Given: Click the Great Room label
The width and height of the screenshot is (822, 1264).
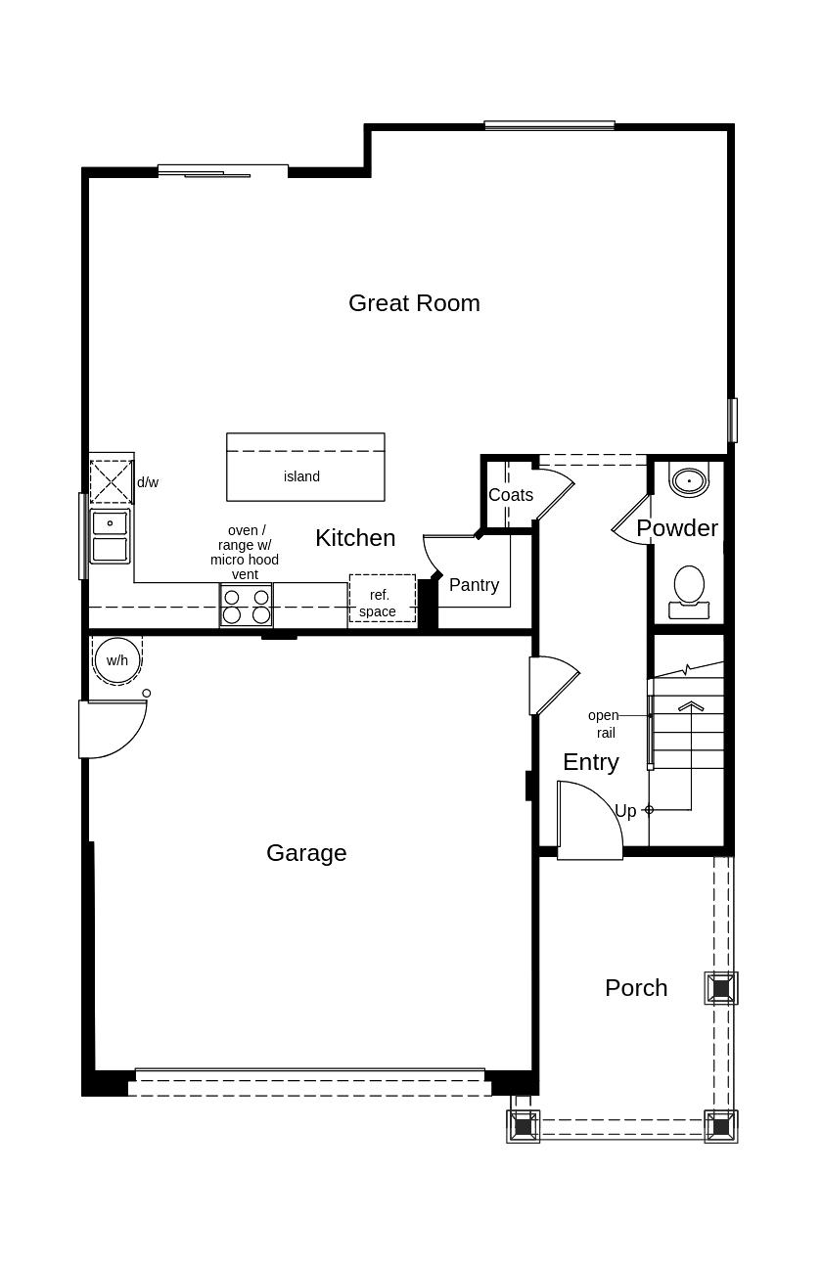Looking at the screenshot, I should [x=414, y=303].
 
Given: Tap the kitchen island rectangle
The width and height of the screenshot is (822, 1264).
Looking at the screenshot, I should [x=305, y=468].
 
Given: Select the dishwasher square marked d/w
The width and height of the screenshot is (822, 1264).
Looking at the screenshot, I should [x=111, y=482].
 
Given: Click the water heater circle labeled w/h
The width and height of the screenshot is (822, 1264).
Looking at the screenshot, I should [x=117, y=660].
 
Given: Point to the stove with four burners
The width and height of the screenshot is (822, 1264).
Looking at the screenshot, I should [x=247, y=606].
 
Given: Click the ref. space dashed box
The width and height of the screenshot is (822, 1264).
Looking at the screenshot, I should [x=382, y=599].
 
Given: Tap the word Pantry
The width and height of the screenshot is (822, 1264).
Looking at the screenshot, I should [x=474, y=585].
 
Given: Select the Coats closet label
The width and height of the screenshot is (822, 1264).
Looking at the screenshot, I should [x=510, y=495].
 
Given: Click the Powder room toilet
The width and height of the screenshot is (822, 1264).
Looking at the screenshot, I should [x=689, y=589].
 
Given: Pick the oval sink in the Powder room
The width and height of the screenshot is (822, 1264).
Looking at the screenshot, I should [x=689, y=481].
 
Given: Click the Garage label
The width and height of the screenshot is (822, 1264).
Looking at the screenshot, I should [x=306, y=853].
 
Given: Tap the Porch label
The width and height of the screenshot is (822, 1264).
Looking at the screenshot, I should [x=636, y=988].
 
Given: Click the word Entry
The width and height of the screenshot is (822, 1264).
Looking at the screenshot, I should [x=590, y=762].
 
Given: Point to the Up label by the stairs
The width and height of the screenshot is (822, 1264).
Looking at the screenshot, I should [x=625, y=811].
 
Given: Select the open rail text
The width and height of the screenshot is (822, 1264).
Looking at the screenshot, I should [x=604, y=724].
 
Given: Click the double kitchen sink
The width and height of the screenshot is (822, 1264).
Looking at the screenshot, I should [x=110, y=536].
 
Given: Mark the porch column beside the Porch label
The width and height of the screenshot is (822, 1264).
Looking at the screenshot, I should [x=721, y=988].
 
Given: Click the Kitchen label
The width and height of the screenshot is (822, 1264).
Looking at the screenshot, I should [x=355, y=538].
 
